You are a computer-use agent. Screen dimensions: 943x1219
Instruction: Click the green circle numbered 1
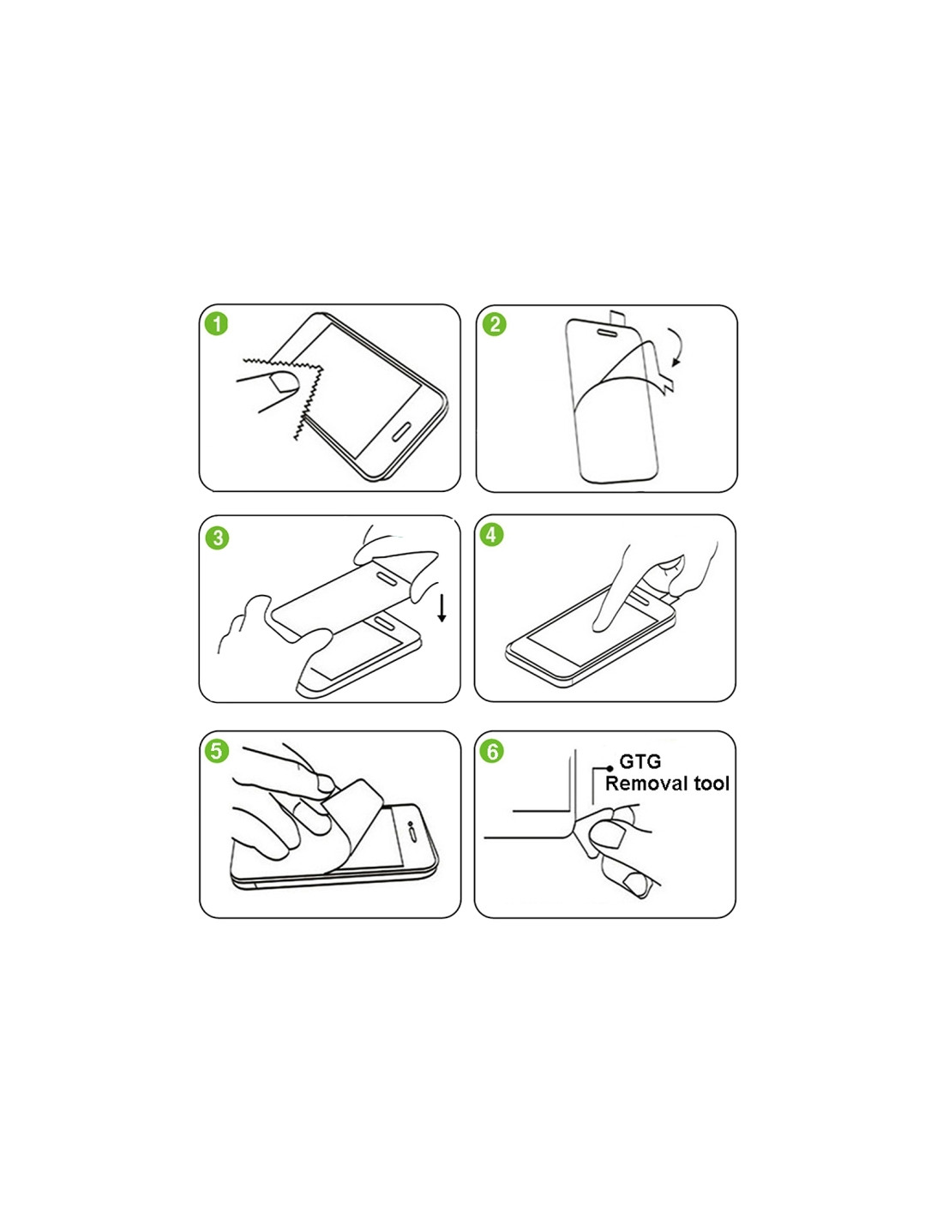point(217,324)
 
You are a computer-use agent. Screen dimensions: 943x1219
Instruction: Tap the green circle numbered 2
point(495,324)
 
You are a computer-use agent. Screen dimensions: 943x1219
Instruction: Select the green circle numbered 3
point(217,537)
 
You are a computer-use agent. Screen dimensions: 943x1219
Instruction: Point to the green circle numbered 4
point(491,534)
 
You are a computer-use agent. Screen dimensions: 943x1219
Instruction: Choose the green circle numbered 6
point(493,751)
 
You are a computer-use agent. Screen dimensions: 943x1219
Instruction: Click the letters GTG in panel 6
point(640,761)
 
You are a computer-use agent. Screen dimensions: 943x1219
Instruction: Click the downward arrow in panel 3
point(442,608)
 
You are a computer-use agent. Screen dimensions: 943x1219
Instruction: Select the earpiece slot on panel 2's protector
point(607,333)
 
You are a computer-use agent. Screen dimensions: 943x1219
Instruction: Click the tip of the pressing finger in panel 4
point(600,626)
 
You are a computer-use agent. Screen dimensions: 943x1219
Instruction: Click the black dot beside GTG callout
point(610,769)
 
